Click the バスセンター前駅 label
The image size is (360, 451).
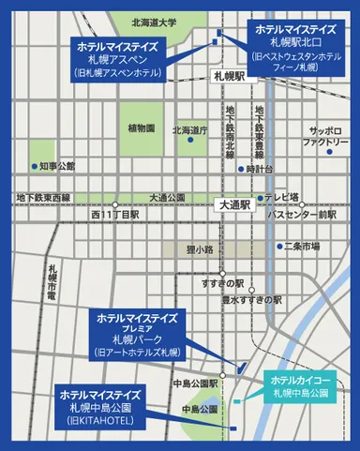tap(302, 215)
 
